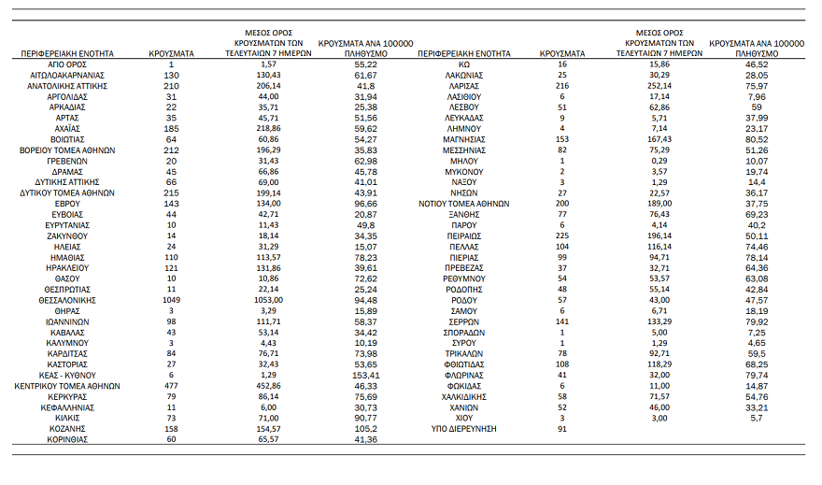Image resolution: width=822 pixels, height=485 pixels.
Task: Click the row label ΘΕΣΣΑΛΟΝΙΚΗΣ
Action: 67,299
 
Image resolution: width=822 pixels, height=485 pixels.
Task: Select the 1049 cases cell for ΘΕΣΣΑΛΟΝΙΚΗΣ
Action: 171,299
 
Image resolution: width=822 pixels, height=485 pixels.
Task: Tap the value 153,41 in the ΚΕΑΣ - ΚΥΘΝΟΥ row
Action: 366,375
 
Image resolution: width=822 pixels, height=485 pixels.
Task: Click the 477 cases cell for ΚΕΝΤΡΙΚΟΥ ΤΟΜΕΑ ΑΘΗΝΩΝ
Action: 171,385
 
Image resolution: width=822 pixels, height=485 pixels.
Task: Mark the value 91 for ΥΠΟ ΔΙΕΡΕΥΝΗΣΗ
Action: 562,429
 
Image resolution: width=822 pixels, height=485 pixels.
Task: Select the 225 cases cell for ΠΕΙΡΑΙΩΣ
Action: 562,236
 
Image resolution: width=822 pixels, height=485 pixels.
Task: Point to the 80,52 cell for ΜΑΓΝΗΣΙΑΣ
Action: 757,139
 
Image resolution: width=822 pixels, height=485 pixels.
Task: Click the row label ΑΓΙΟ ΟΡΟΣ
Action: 67,64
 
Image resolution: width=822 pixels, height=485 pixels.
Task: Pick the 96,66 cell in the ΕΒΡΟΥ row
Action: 366,204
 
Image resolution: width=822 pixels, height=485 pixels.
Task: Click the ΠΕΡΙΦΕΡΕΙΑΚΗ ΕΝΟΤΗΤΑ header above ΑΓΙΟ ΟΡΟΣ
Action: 67,53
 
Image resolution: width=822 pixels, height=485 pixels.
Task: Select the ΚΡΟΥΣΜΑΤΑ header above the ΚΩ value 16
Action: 562,53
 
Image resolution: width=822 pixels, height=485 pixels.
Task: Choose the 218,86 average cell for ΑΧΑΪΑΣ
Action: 269,128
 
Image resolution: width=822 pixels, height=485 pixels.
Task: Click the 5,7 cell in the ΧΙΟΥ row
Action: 757,418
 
